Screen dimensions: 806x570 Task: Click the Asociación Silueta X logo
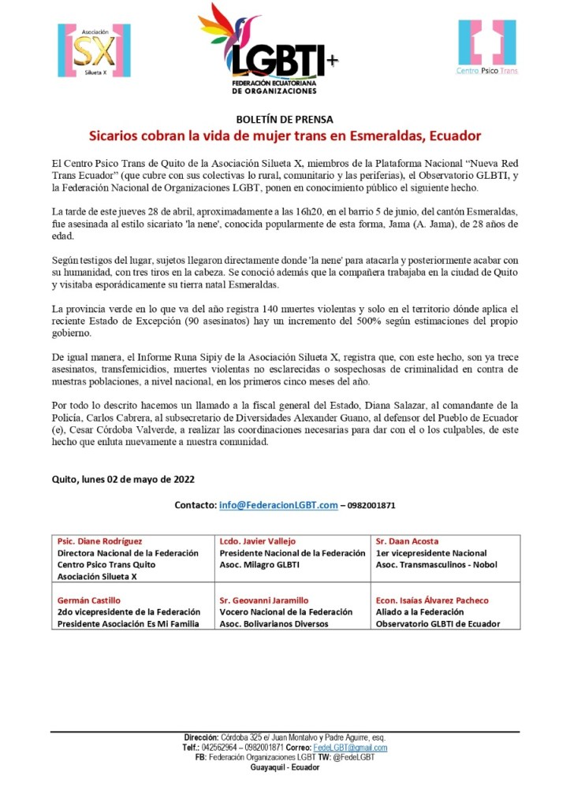(94, 50)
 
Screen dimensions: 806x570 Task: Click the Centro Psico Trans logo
(486, 47)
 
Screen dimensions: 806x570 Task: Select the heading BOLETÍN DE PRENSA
(285, 120)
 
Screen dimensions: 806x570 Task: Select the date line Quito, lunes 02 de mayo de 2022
(123, 478)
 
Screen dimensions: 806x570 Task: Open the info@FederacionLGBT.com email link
(278, 505)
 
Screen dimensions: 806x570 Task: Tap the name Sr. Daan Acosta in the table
(408, 541)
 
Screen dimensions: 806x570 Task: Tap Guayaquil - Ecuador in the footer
(285, 767)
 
